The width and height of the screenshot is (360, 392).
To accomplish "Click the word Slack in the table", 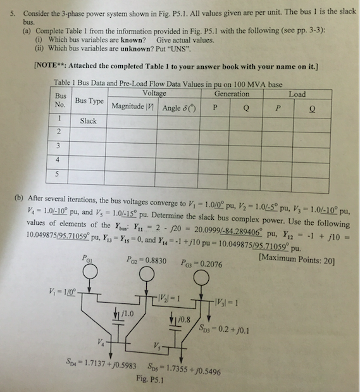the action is tap(89, 120).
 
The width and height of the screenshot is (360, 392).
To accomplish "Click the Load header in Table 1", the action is tap(297, 94).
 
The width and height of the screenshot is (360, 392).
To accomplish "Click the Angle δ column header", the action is tap(179, 106).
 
